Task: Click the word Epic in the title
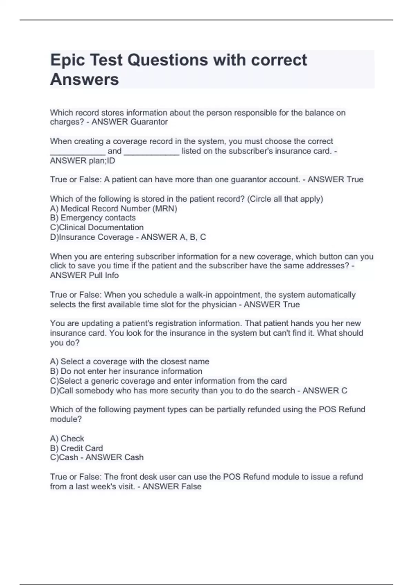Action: tap(67, 61)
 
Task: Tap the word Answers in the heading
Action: tap(85, 79)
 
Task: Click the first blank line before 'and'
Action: tap(78, 152)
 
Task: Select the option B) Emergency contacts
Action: tap(93, 218)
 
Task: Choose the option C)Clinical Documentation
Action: tap(97, 227)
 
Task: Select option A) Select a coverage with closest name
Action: tap(129, 362)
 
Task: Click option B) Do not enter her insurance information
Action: tap(126, 371)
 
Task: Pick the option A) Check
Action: tap(67, 438)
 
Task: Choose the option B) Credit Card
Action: tap(76, 448)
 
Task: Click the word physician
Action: tap(219, 305)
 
